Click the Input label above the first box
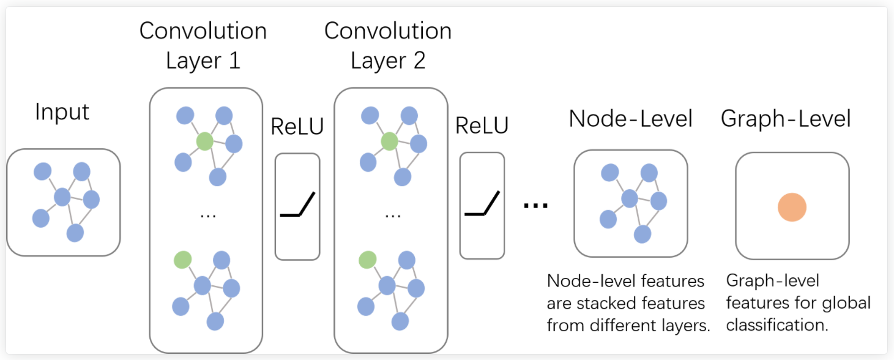pos(62,113)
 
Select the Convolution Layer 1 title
pos(203,46)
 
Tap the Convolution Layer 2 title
pos(387,46)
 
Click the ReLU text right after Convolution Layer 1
pos(297,127)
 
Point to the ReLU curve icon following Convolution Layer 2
pos(482,204)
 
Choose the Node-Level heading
pos(630,119)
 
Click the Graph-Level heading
pos(786,119)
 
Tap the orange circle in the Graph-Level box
pos(792,208)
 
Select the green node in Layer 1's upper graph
pos(204,142)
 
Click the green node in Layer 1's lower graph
pos(182,260)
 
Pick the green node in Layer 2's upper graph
pos(389,142)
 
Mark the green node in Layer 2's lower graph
pos(367,260)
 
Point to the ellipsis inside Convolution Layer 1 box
pos(206,215)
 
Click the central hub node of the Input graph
pos(62,197)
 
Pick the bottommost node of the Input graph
pos(75,233)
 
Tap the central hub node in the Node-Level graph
pos(630,198)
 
